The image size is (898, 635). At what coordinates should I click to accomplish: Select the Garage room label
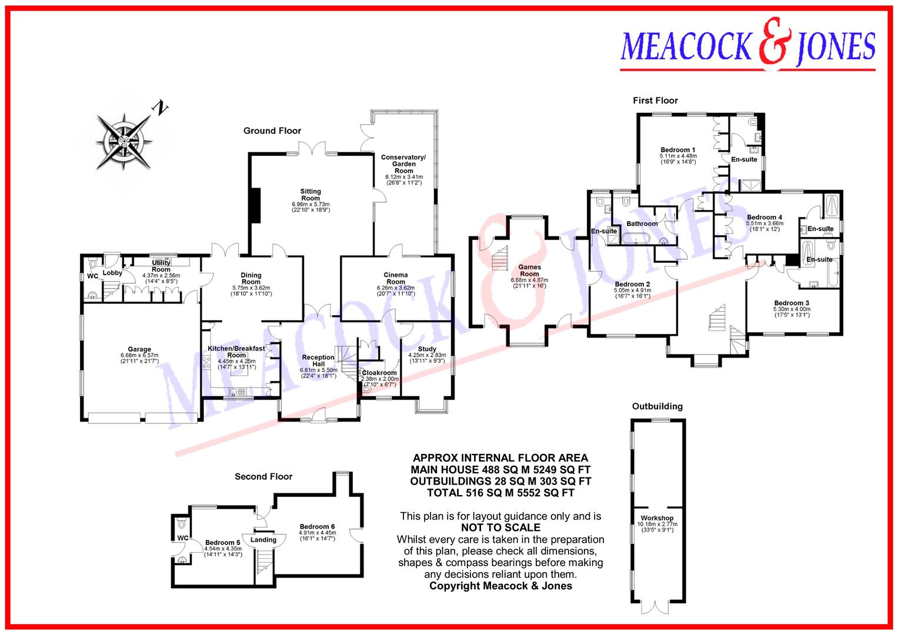coord(139,349)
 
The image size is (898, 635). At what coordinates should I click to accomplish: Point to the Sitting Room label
coord(311,195)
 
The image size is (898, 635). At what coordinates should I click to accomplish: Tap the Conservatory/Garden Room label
coord(403,164)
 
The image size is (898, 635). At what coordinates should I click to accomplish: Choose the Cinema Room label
coord(396,278)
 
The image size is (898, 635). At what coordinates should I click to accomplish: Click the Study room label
coord(427,349)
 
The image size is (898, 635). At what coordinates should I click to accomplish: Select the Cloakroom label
coord(379,373)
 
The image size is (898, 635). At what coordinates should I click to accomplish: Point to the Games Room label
coord(529,270)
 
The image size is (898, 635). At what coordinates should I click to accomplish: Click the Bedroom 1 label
coord(677,150)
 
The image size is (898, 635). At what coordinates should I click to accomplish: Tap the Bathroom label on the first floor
coord(642,223)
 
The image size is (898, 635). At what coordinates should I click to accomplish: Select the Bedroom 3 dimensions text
coord(792,312)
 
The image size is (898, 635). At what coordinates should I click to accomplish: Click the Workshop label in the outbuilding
coord(657,518)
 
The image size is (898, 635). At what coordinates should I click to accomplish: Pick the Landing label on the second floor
coord(263,540)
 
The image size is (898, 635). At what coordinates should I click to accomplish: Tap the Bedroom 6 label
coord(317,526)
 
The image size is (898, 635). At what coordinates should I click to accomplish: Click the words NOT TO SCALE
coord(500,528)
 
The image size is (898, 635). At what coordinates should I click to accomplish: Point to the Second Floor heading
coord(263,476)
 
